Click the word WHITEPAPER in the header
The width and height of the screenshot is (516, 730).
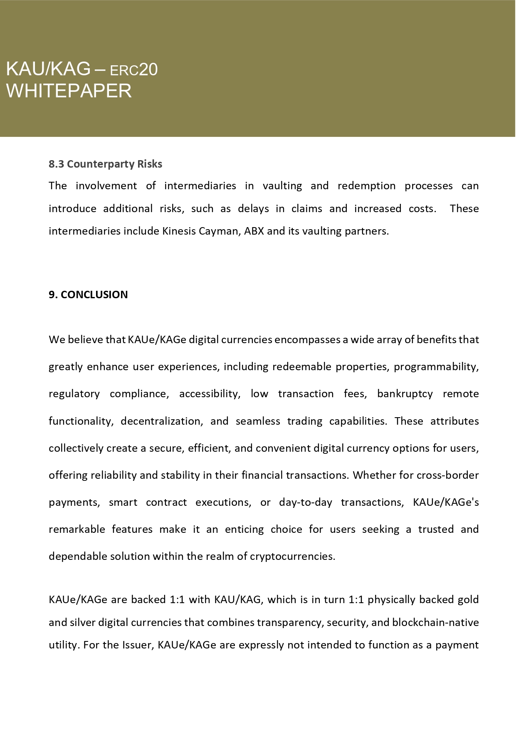click(x=69, y=91)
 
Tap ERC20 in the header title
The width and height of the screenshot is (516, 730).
click(x=133, y=69)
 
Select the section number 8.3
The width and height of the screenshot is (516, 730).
click(x=56, y=164)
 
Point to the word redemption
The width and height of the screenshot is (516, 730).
click(x=366, y=186)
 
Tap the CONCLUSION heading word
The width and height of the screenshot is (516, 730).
click(x=94, y=294)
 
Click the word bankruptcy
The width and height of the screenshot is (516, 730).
click(x=405, y=394)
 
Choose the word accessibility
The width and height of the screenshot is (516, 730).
click(x=210, y=394)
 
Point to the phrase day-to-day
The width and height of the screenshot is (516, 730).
click(x=305, y=502)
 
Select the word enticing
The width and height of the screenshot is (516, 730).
click(x=244, y=530)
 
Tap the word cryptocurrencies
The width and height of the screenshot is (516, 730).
click(x=292, y=557)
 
